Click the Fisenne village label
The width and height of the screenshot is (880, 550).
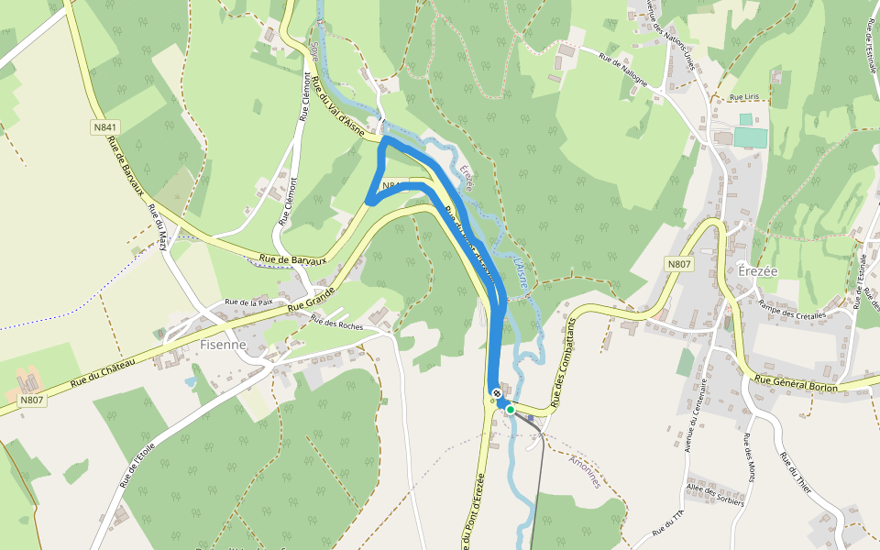(x=223, y=346)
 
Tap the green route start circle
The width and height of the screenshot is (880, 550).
(x=511, y=410)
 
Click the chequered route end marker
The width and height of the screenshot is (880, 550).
(x=497, y=394)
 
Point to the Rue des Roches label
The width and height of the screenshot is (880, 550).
(x=336, y=322)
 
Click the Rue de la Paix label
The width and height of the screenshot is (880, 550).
(x=249, y=302)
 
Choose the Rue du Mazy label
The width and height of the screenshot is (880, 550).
(x=159, y=228)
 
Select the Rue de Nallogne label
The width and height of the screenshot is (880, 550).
(x=623, y=70)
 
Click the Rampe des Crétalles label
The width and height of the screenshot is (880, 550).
(x=792, y=314)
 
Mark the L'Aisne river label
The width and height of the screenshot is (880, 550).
(x=520, y=273)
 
